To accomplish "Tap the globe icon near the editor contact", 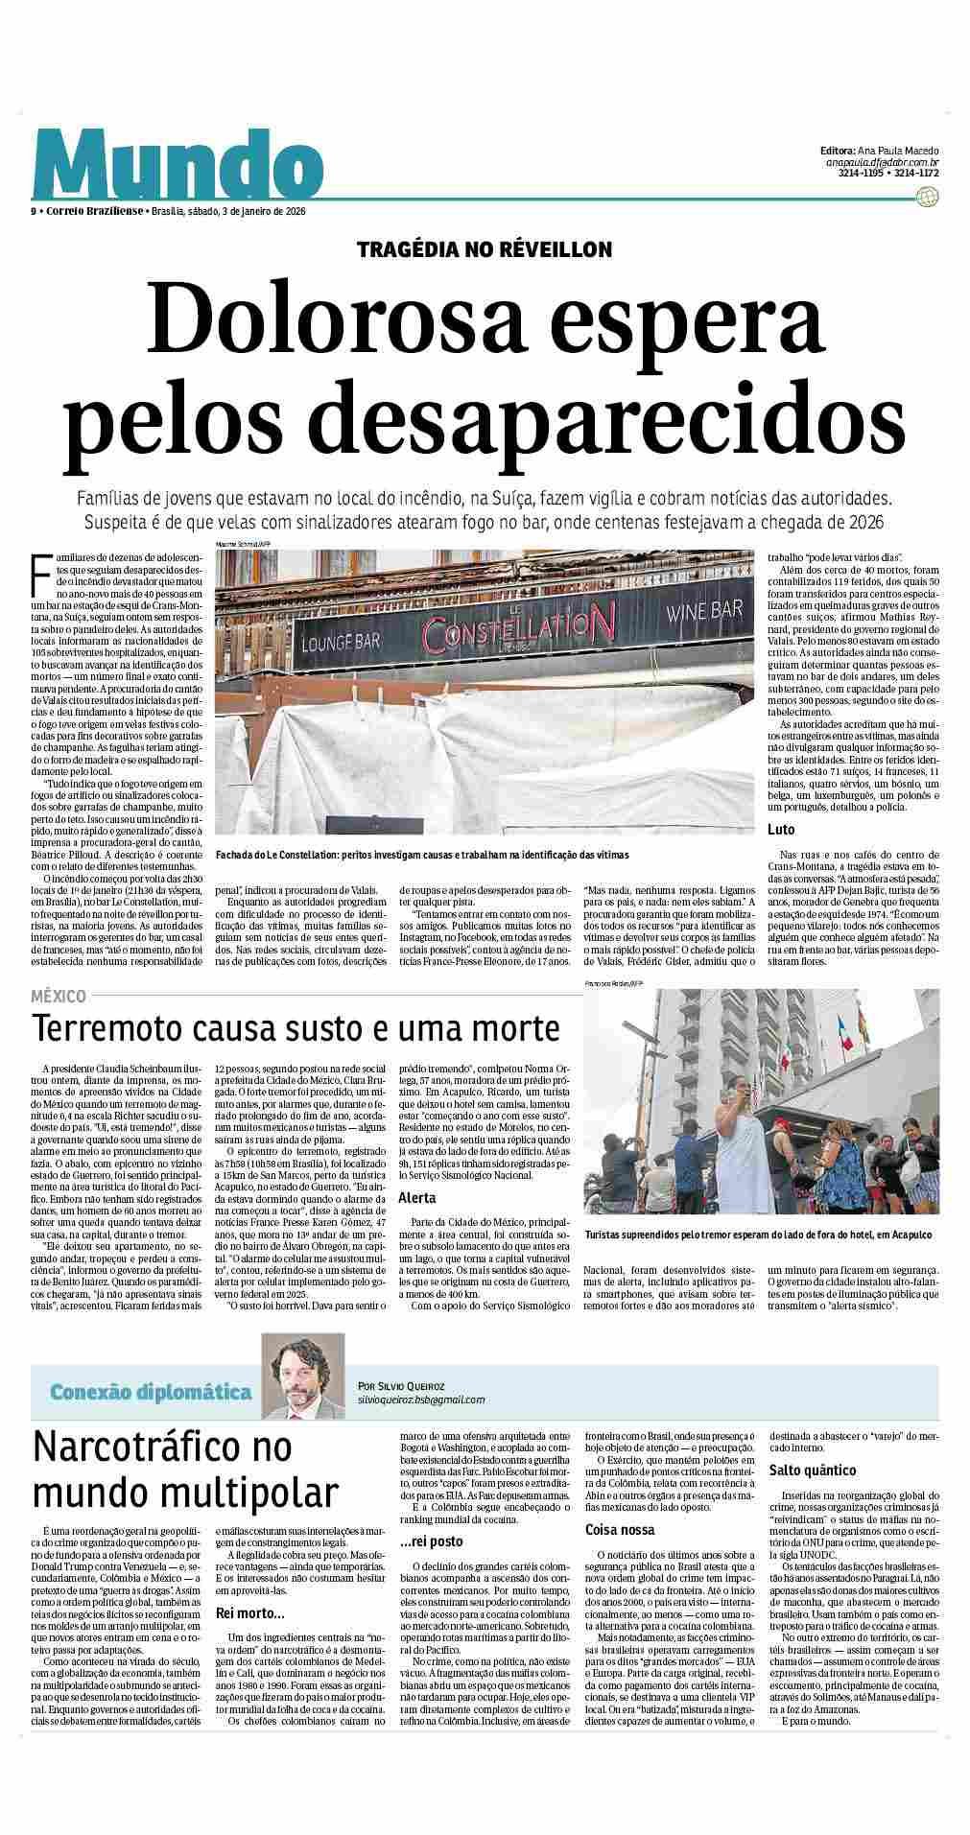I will pos(927,197).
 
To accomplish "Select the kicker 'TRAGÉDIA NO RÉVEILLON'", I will pos(485,250).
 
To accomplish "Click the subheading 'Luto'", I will pos(781,829).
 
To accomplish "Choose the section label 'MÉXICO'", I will pos(59,997).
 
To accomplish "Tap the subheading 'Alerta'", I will pos(417,1198).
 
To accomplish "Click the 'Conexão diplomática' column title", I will pos(151,1392).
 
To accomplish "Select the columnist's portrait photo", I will pos(303,1378).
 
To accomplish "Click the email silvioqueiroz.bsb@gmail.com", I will pos(420,1400).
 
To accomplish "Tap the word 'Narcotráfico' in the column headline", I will pos(163,1447).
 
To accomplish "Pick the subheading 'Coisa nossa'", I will pos(620,1530).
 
